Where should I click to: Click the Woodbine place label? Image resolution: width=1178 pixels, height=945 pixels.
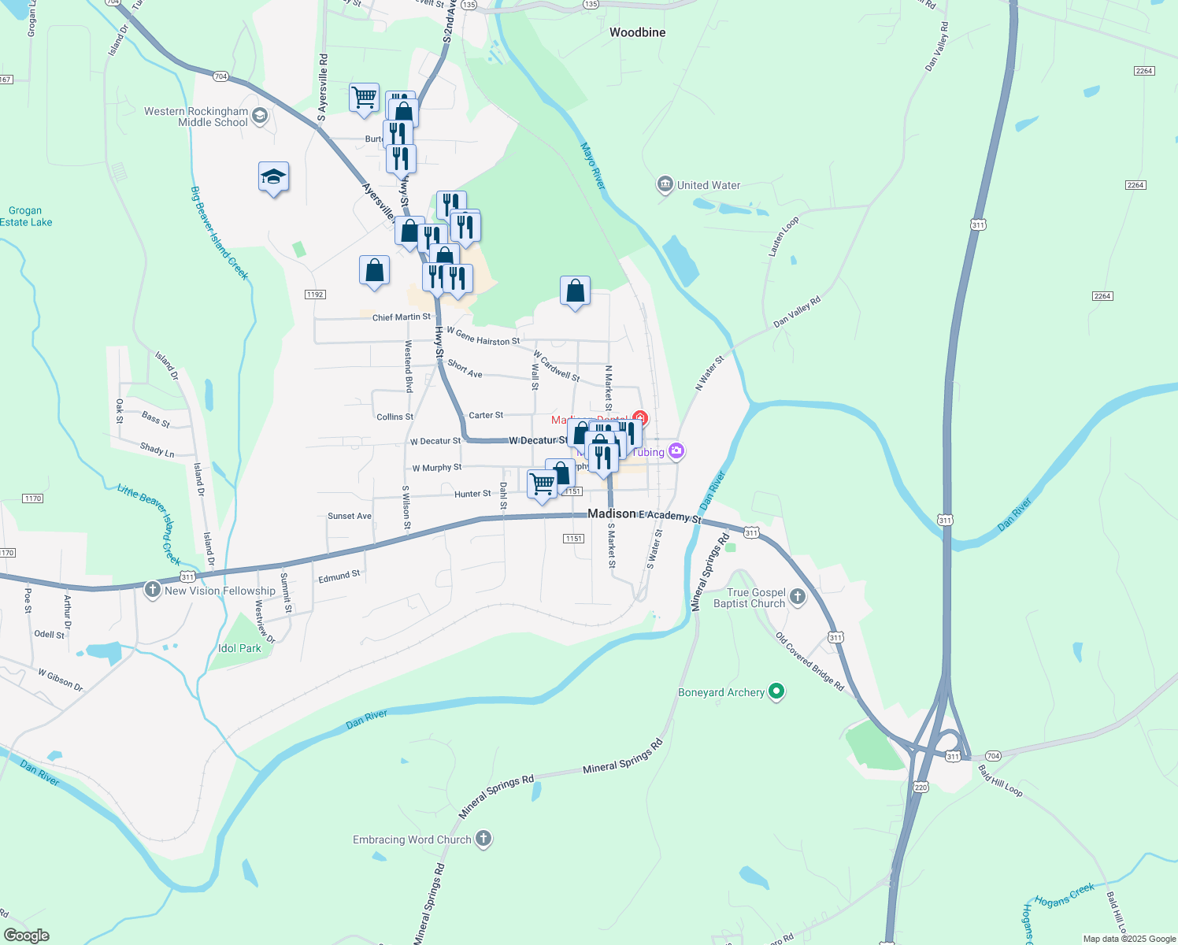click(x=637, y=33)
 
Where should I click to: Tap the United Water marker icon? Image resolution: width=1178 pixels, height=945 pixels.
click(x=665, y=185)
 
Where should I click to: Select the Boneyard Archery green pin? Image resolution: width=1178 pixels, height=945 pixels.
click(x=776, y=692)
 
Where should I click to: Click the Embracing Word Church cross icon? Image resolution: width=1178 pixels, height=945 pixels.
click(x=483, y=839)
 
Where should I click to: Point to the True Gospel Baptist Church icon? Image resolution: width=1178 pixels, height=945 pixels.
click(x=798, y=597)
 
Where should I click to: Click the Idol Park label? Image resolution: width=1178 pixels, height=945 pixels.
click(x=239, y=649)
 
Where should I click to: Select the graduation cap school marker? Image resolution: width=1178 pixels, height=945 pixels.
click(x=273, y=177)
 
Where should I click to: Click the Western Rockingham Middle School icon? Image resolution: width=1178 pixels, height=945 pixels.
click(x=260, y=117)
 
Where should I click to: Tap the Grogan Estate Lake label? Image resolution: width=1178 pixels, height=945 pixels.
click(x=26, y=217)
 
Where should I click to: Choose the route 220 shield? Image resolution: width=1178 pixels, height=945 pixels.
click(x=921, y=787)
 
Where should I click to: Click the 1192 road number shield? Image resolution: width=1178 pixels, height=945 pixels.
click(x=315, y=295)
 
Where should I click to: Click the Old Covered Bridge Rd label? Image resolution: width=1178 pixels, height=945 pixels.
click(x=809, y=661)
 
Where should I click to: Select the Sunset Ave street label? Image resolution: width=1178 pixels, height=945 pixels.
click(x=349, y=517)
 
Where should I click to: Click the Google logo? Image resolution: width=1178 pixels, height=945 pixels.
click(x=27, y=935)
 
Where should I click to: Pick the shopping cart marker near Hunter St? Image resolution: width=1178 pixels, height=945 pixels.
click(x=542, y=484)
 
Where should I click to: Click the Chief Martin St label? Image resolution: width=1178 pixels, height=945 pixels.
click(x=402, y=317)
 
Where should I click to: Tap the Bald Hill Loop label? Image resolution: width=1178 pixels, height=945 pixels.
click(x=1000, y=780)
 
